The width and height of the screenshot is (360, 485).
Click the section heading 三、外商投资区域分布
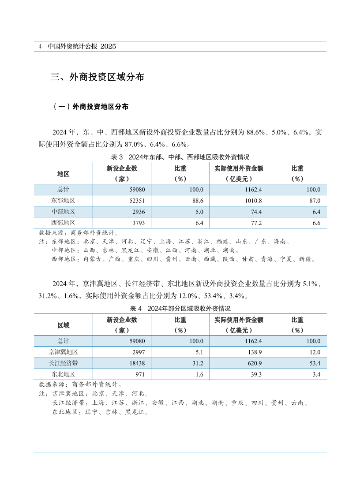click(97, 78)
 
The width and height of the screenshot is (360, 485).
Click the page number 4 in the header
click(40, 46)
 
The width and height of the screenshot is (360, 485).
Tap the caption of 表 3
click(180, 157)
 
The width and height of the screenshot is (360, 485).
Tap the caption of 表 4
click(180, 309)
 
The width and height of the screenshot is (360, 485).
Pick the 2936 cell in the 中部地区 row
click(132, 212)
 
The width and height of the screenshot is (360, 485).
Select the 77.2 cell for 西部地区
click(256, 223)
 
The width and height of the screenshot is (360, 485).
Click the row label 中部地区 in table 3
click(63, 212)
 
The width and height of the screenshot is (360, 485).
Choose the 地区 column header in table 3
click(63, 174)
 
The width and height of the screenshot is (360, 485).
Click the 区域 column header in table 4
click(63, 325)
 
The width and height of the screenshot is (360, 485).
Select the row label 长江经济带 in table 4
click(63, 363)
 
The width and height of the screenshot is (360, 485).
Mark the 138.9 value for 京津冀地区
click(255, 352)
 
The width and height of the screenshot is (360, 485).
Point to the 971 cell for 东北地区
click(134, 374)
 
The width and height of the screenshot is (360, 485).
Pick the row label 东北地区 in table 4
click(63, 374)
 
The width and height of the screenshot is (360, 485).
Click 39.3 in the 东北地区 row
click(256, 374)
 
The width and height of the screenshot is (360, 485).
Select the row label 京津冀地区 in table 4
click(63, 352)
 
